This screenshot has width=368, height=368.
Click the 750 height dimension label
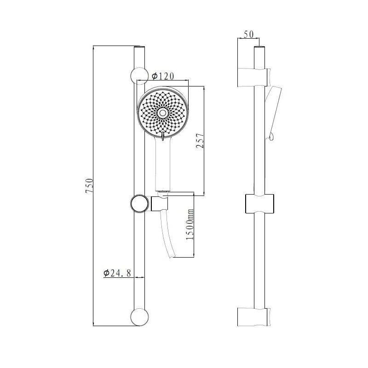tap(89, 186)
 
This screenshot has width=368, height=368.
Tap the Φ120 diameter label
tap(163, 76)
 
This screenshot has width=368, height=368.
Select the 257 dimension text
tap(200, 140)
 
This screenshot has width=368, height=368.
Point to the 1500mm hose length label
tap(190, 224)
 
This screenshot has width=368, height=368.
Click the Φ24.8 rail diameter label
tap(117, 273)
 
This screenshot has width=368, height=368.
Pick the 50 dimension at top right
tap(248, 34)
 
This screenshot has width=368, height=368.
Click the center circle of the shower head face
tap(162, 113)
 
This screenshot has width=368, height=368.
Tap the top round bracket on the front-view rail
tap(139, 76)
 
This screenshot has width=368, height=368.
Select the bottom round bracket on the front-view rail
tap(139, 317)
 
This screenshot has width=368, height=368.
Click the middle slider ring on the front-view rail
tap(139, 204)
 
